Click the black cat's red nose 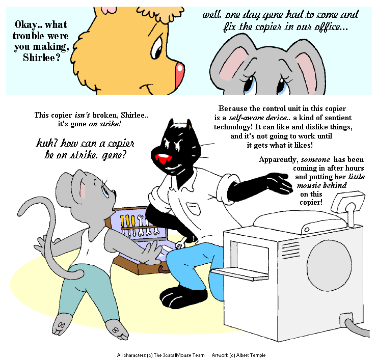[163, 159]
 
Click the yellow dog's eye [156, 47]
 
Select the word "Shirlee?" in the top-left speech [41, 58]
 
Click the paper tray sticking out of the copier [240, 273]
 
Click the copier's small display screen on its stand [348, 202]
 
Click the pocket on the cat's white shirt [193, 208]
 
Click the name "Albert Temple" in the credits [251, 355]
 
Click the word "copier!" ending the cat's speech [311, 203]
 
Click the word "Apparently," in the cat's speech [279, 160]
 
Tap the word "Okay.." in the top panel [29, 25]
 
